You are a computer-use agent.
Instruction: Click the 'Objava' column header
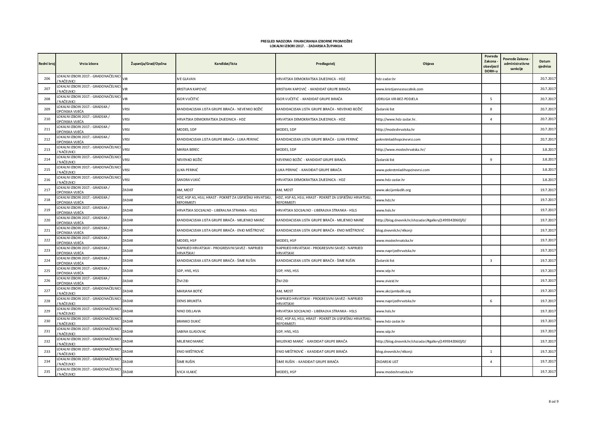click(428, 63)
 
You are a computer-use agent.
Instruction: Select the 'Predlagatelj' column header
click(325, 63)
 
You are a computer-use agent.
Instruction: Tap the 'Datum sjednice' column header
click(544, 64)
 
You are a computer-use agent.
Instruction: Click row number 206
click(47, 79)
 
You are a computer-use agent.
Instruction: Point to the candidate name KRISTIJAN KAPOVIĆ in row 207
click(191, 89)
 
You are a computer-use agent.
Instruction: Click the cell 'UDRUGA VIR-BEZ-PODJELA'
click(397, 99)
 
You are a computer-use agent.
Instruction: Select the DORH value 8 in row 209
click(491, 109)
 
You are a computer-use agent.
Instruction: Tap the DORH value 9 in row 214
click(491, 160)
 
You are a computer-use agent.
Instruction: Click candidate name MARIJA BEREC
click(188, 150)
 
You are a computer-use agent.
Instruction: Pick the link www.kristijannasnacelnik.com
click(399, 89)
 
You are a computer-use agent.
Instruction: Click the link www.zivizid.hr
click(387, 281)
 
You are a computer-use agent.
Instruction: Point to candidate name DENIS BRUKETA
click(189, 301)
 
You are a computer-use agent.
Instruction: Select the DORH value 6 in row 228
click(491, 301)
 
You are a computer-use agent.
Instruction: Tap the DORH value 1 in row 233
click(491, 352)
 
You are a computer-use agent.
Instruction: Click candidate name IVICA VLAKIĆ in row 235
click(187, 372)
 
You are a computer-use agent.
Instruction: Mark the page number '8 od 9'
click(553, 402)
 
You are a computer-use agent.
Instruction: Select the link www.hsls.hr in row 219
click(386, 210)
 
